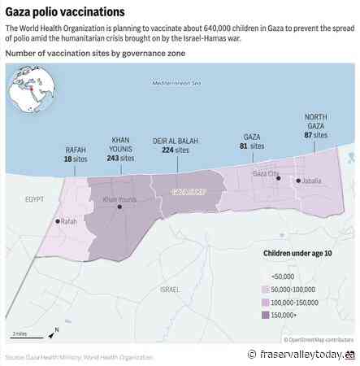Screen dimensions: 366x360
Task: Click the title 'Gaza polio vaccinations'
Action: pyautogui.click(x=66, y=12)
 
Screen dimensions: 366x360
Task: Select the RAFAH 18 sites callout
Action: pyautogui.click(x=76, y=155)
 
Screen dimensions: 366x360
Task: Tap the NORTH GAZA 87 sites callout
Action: pyautogui.click(x=315, y=127)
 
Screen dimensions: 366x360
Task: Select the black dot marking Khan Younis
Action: pyautogui.click(x=120, y=207)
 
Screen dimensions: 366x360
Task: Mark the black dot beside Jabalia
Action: pyautogui.click(x=298, y=181)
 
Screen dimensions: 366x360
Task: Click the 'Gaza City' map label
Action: pyautogui.click(x=267, y=173)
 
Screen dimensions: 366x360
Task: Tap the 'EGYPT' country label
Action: pyautogui.click(x=34, y=198)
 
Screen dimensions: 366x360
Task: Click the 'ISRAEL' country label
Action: pyautogui.click(x=170, y=289)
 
